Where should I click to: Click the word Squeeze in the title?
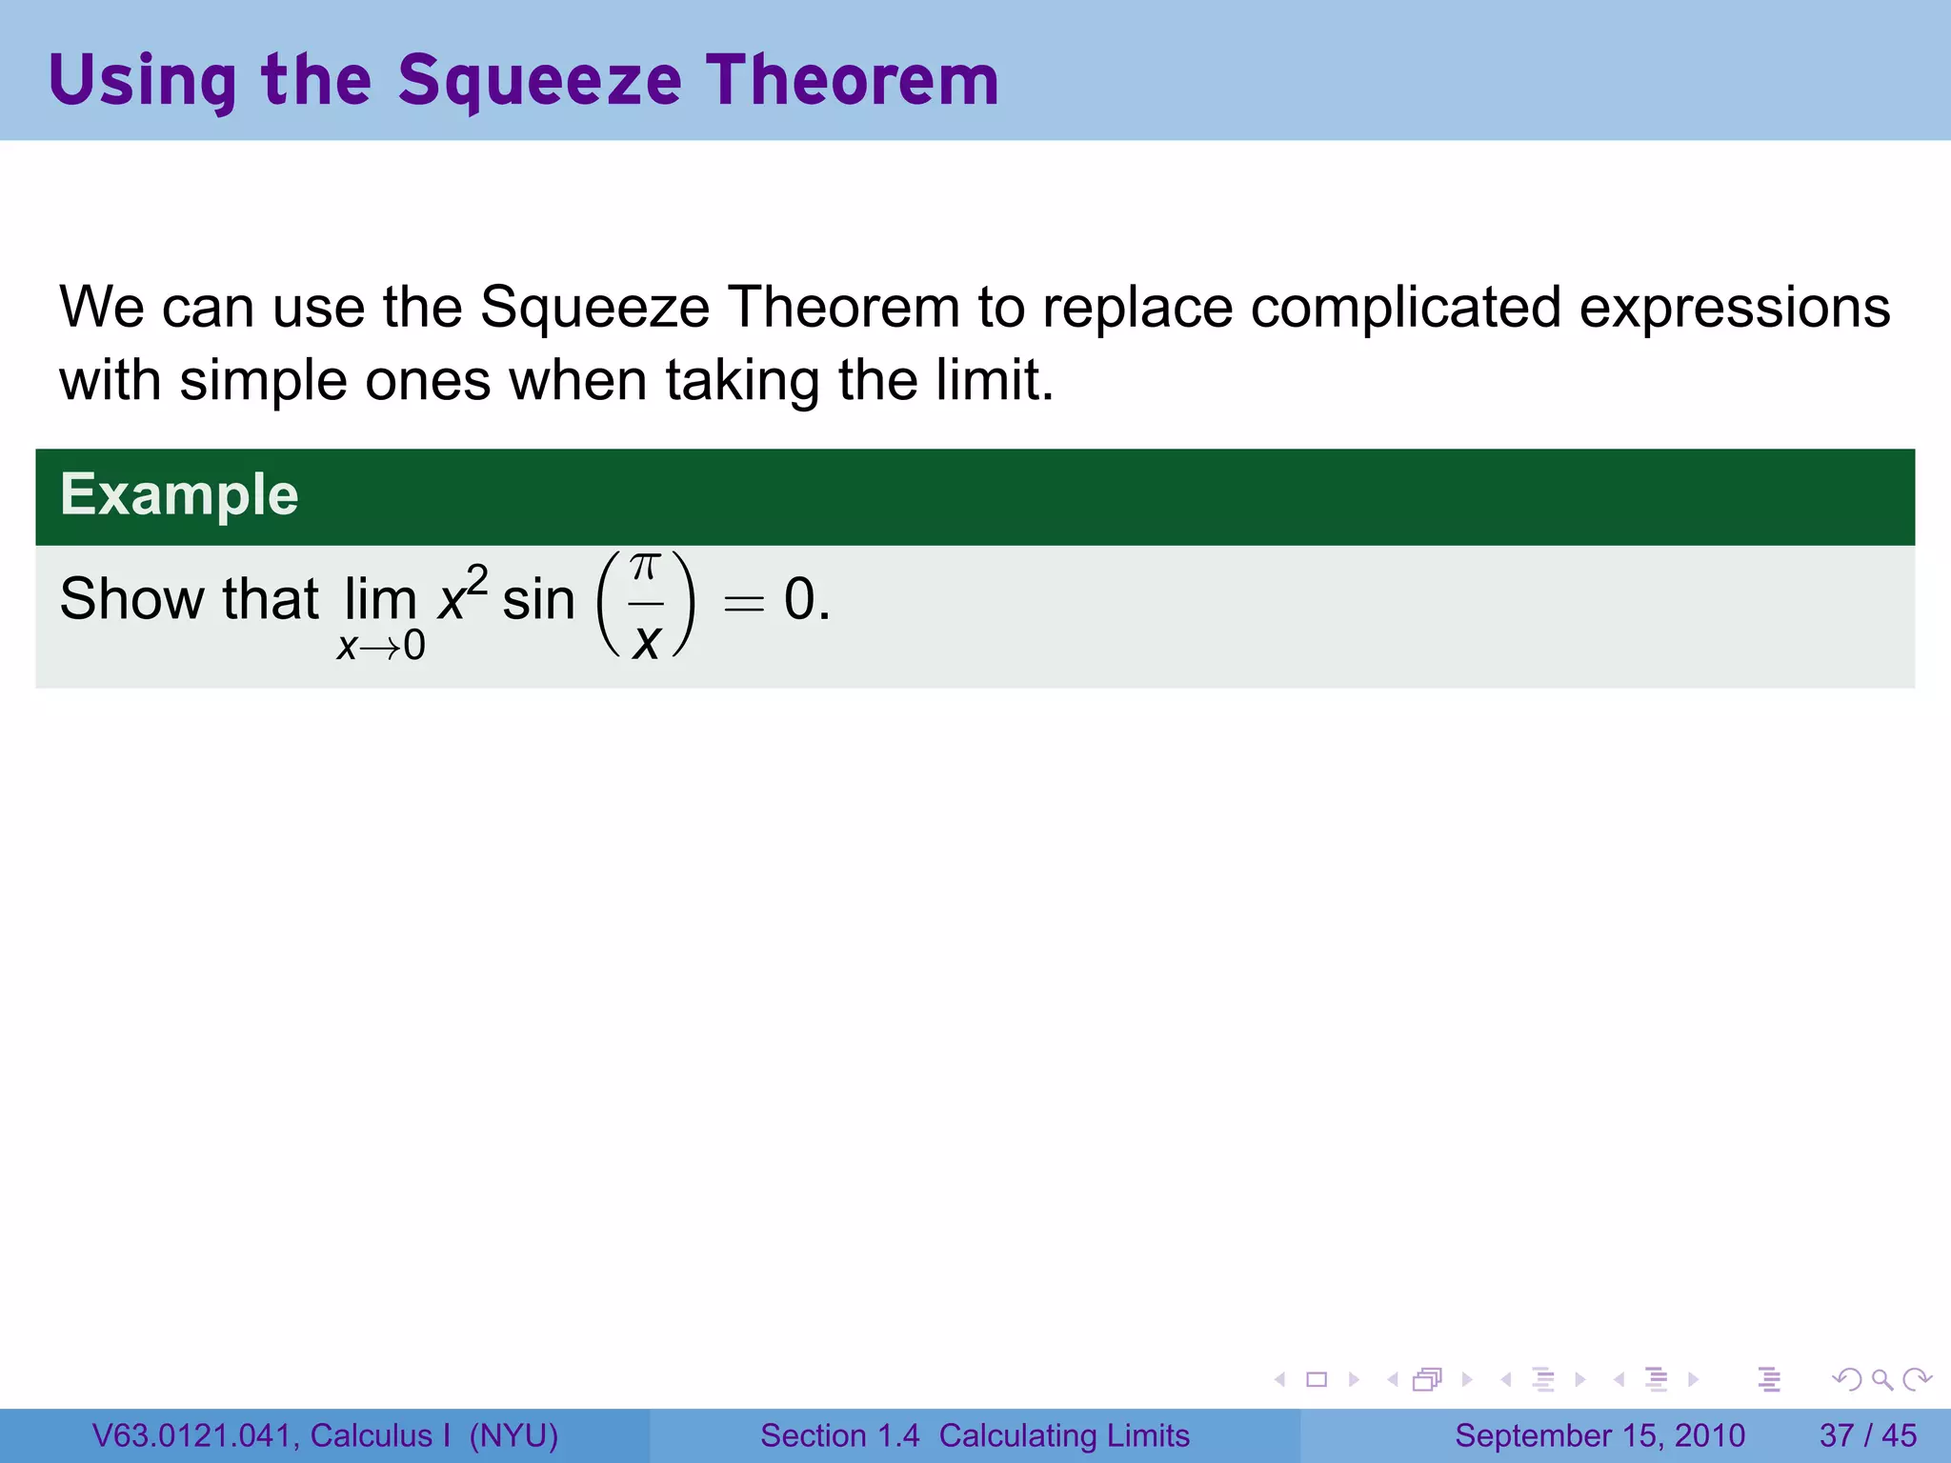(x=539, y=82)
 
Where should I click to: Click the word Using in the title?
(x=142, y=82)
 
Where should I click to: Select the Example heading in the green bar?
(x=179, y=495)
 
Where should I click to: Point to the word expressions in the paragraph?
(x=1735, y=310)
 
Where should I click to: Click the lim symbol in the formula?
(x=380, y=600)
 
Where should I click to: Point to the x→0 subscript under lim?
(x=381, y=647)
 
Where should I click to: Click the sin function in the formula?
(x=538, y=600)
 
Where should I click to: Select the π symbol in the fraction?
(x=645, y=569)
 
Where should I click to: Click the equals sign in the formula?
(x=744, y=603)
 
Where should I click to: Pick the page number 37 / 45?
(x=1867, y=1435)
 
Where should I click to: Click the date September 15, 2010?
(x=1599, y=1435)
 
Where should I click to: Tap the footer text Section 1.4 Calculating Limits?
(x=975, y=1435)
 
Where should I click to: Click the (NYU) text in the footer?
(x=513, y=1435)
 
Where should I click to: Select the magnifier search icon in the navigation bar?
(x=1881, y=1379)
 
